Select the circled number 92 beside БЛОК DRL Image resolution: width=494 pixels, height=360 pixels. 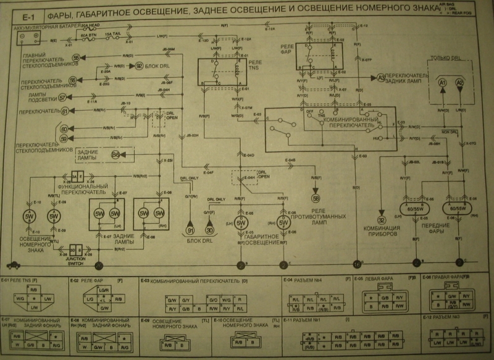[x=140, y=65]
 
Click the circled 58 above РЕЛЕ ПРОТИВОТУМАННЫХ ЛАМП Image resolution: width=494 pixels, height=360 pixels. [x=316, y=199]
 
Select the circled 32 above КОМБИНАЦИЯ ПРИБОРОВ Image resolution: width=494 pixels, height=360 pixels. [x=382, y=220]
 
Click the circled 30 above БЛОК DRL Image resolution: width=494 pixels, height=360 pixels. [x=210, y=230]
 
